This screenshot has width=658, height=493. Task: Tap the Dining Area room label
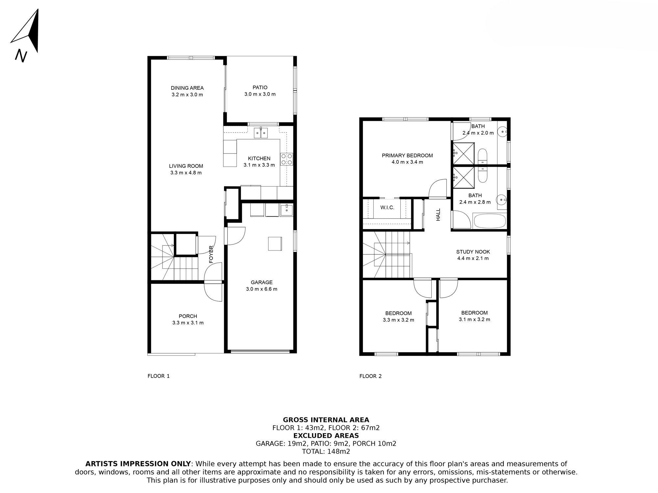click(187, 88)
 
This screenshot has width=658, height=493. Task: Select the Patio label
click(260, 87)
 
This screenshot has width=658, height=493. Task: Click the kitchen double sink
click(262, 133)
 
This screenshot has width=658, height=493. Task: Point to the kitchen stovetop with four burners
click(287, 159)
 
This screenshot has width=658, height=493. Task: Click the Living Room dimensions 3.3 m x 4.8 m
click(186, 173)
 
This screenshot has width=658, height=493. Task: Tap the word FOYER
click(211, 254)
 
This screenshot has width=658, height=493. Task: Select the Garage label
click(262, 282)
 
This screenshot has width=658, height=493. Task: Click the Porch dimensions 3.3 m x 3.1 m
click(188, 323)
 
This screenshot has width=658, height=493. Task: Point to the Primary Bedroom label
click(407, 155)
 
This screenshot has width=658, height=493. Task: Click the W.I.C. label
click(387, 208)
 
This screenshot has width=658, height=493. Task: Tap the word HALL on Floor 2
click(438, 215)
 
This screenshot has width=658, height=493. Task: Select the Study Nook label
click(473, 252)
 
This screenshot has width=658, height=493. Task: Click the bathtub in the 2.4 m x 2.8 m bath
click(489, 221)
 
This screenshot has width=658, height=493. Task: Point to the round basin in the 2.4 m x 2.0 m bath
click(502, 132)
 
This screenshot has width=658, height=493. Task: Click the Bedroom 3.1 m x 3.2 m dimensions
click(474, 319)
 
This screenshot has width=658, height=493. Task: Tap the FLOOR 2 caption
click(370, 376)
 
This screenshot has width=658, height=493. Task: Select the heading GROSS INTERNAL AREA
click(326, 420)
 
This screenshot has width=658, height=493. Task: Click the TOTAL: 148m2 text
click(326, 451)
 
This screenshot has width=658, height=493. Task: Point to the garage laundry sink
click(286, 210)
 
